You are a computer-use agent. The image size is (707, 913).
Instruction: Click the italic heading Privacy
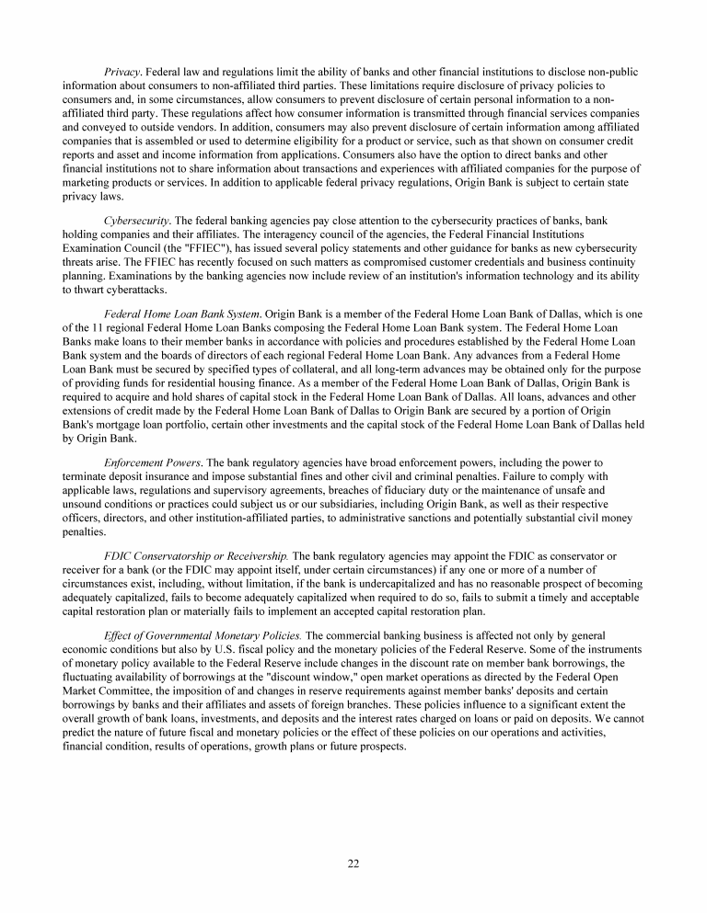coord(123,73)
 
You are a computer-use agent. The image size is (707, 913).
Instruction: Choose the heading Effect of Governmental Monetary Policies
coord(203,635)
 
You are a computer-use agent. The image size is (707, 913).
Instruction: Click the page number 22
coord(353,862)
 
